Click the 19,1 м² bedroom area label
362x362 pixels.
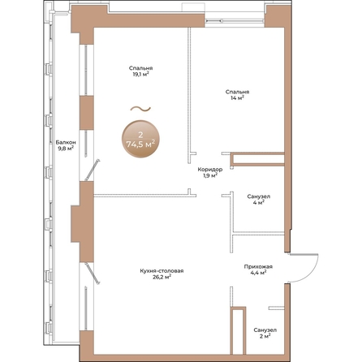click(141, 74)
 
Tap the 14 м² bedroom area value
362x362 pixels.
click(237, 98)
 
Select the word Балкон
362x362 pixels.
click(66, 142)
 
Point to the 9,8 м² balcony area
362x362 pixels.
click(66, 148)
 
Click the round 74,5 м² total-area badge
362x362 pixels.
click(140, 139)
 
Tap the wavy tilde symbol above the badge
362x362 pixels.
click(140, 109)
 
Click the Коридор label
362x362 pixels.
click(210, 170)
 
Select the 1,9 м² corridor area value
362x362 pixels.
click(210, 175)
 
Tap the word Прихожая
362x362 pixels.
click(258, 267)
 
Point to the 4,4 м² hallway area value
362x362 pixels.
click(258, 273)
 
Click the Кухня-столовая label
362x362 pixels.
click(162, 271)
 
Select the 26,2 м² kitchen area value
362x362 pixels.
click(162, 277)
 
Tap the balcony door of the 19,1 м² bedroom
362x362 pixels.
click(93, 170)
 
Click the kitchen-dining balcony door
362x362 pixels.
click(93, 274)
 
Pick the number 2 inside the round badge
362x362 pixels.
click(140, 135)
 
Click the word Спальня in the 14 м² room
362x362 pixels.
click(237, 92)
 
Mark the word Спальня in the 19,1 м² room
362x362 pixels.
click(141, 68)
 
